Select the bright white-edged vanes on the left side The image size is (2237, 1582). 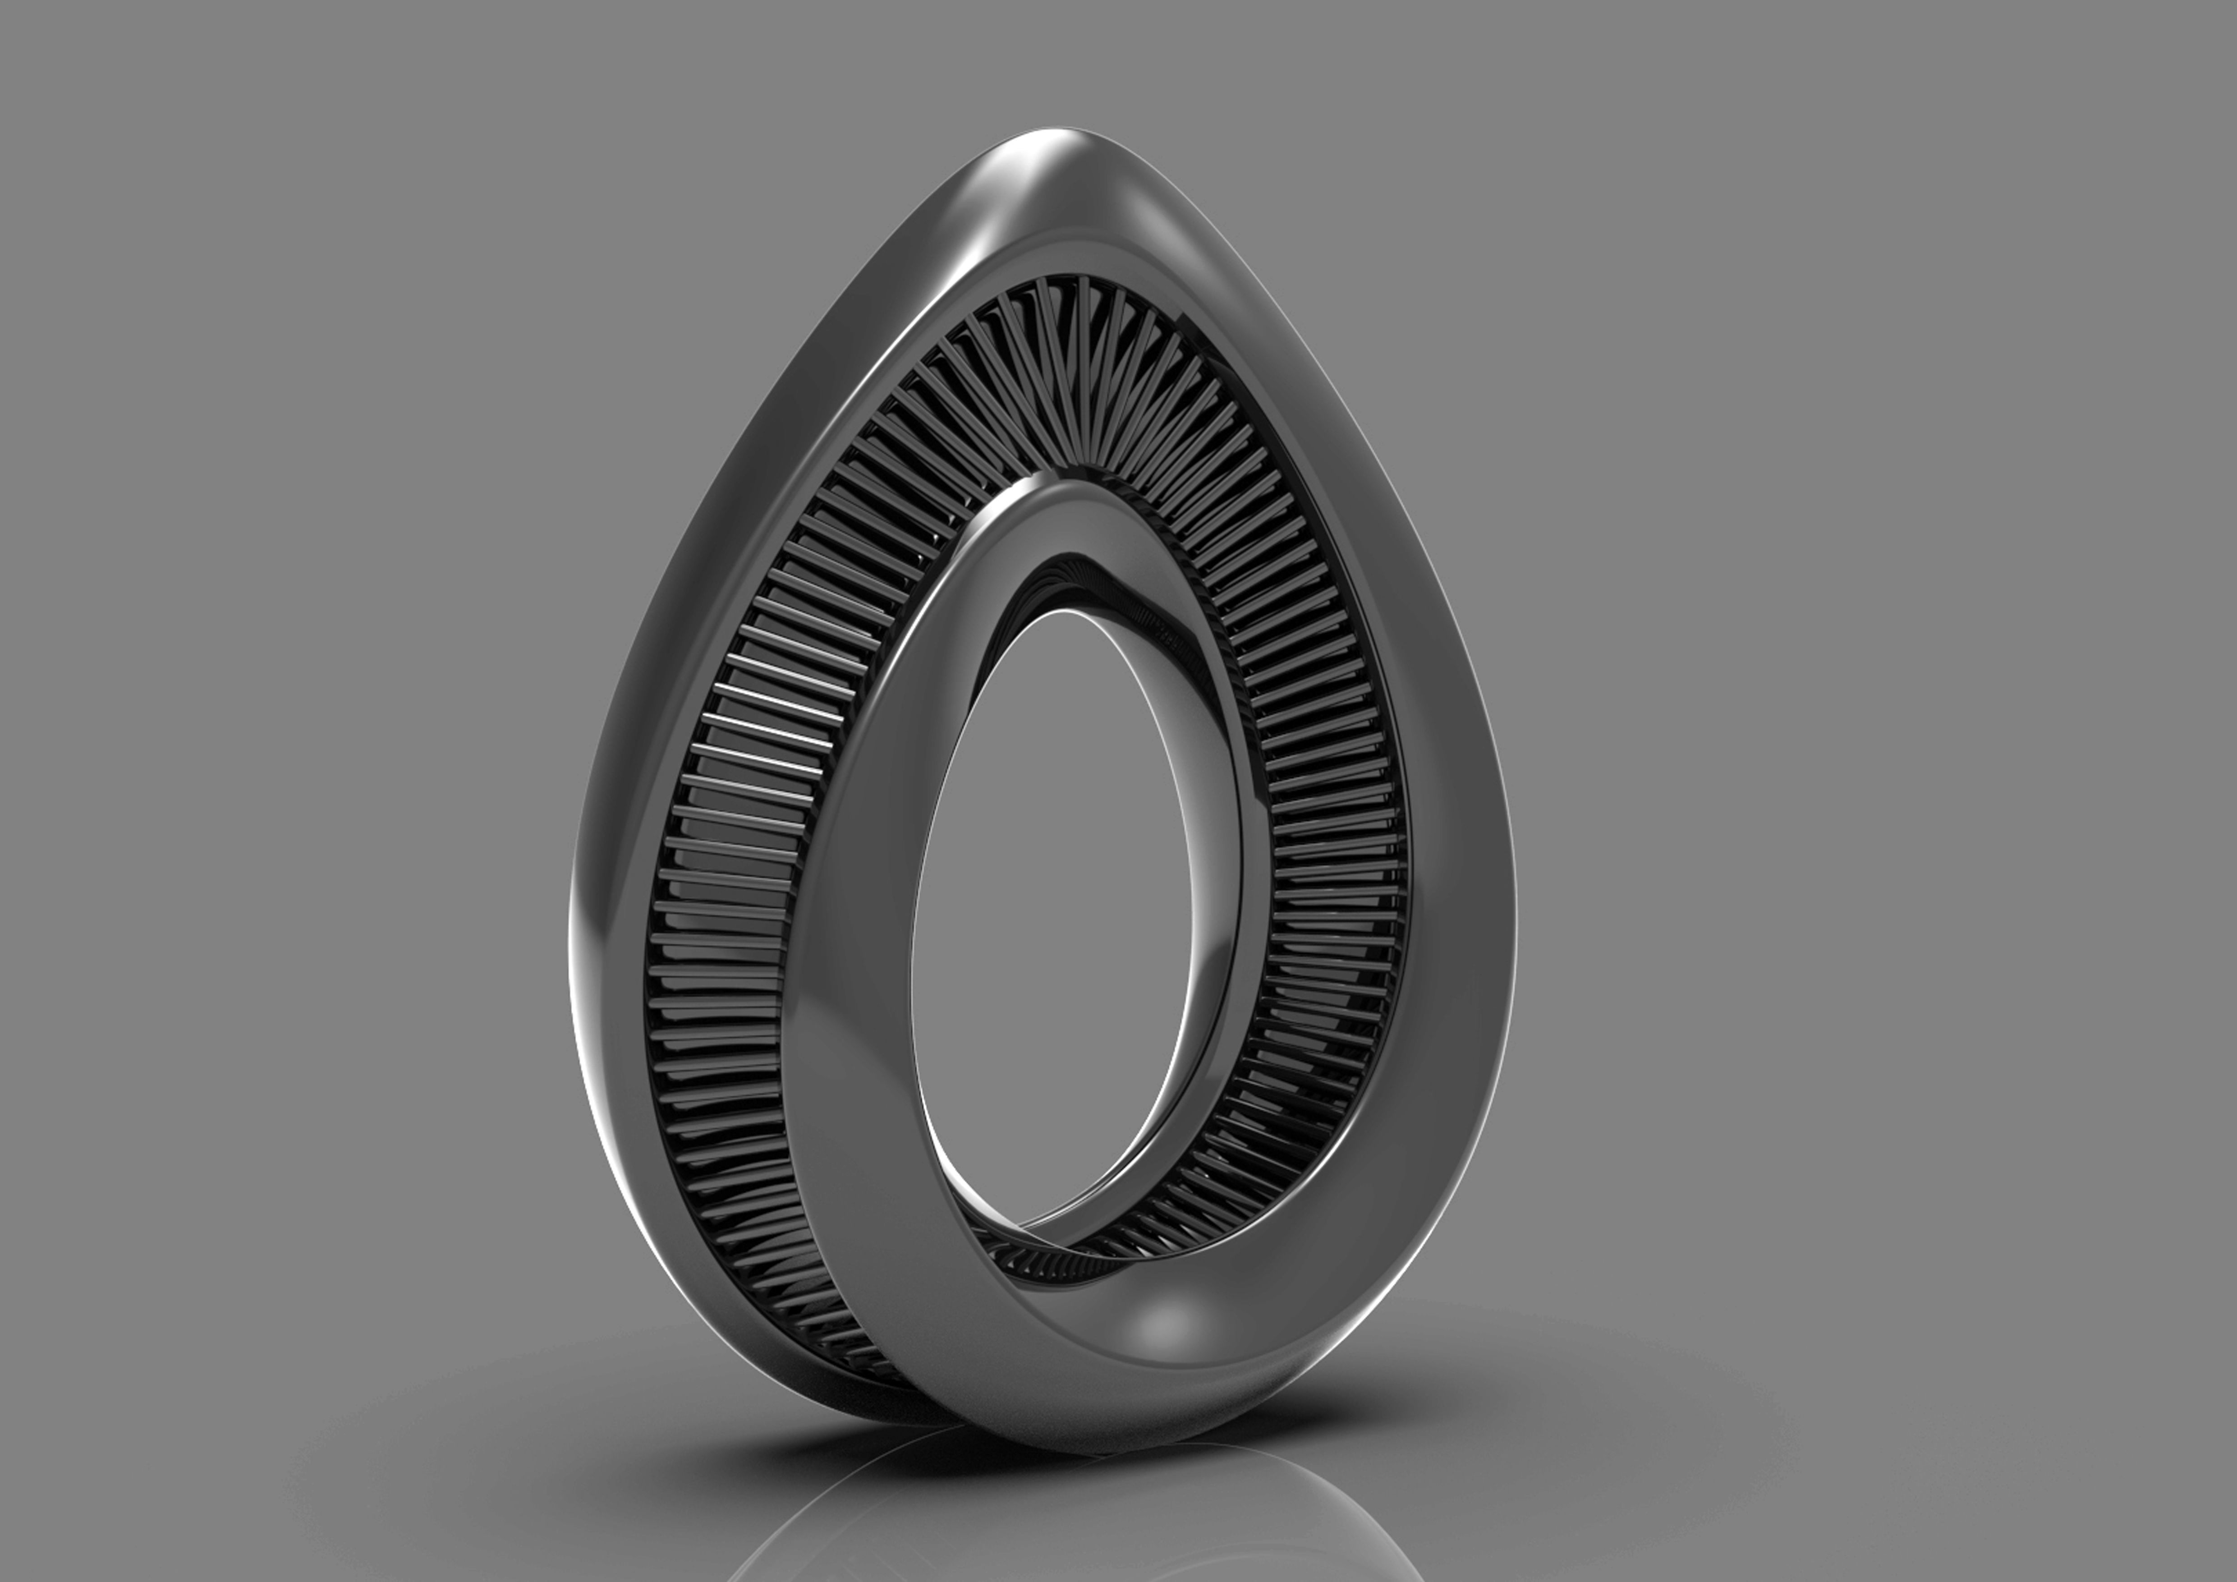point(770,721)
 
